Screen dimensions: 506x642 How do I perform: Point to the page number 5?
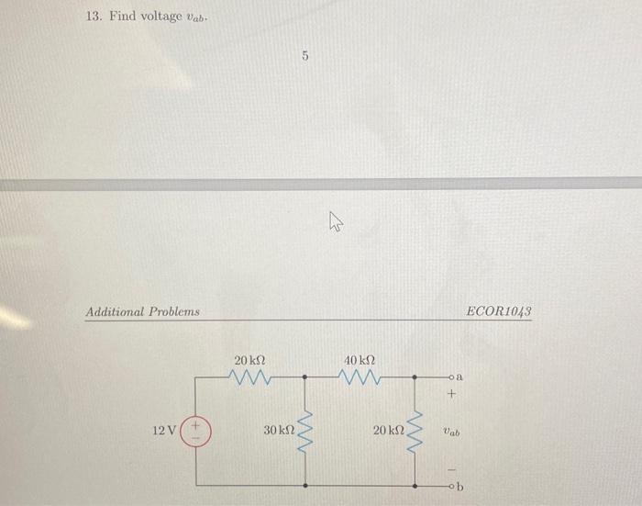[304, 57]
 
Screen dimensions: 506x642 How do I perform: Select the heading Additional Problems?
[142, 312]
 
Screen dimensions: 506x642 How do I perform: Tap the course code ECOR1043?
[499, 312]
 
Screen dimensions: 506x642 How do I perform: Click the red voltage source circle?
[197, 430]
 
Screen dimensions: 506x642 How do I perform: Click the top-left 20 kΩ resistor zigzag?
[249, 377]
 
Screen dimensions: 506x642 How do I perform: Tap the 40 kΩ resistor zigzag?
[360, 377]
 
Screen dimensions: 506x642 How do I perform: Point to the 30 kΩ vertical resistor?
[307, 430]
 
